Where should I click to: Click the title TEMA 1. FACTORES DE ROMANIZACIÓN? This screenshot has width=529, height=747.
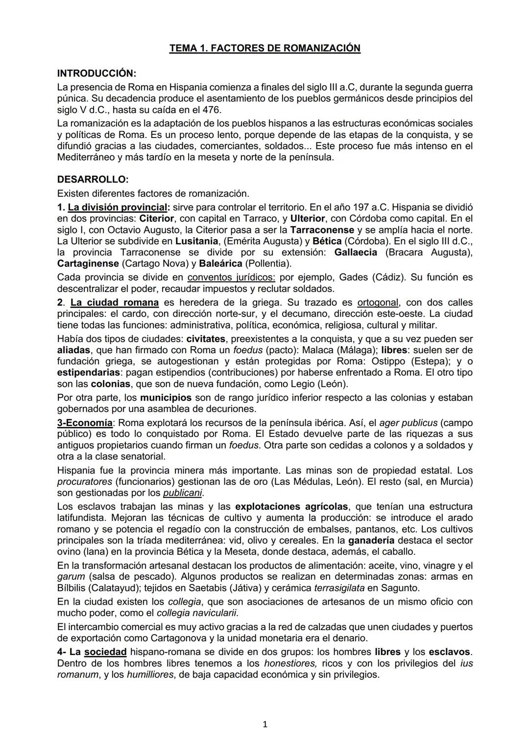point(264,48)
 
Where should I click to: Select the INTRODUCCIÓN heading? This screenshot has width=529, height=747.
point(96,73)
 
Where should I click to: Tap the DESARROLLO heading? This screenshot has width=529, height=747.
point(93,180)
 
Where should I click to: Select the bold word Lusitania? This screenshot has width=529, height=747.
point(196,241)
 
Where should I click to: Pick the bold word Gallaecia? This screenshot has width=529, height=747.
point(356,252)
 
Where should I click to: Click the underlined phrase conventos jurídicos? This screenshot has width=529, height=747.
point(231,277)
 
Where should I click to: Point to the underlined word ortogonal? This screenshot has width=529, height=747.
point(378,302)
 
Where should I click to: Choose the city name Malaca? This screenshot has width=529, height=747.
point(319,350)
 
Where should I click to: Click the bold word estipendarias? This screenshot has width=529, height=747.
point(88,373)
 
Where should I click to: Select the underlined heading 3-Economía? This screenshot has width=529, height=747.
point(85,423)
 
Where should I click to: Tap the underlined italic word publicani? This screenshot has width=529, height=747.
point(182,493)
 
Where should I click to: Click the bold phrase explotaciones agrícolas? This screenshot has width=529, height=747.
point(291,506)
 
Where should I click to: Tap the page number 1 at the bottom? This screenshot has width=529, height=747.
point(264,724)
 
